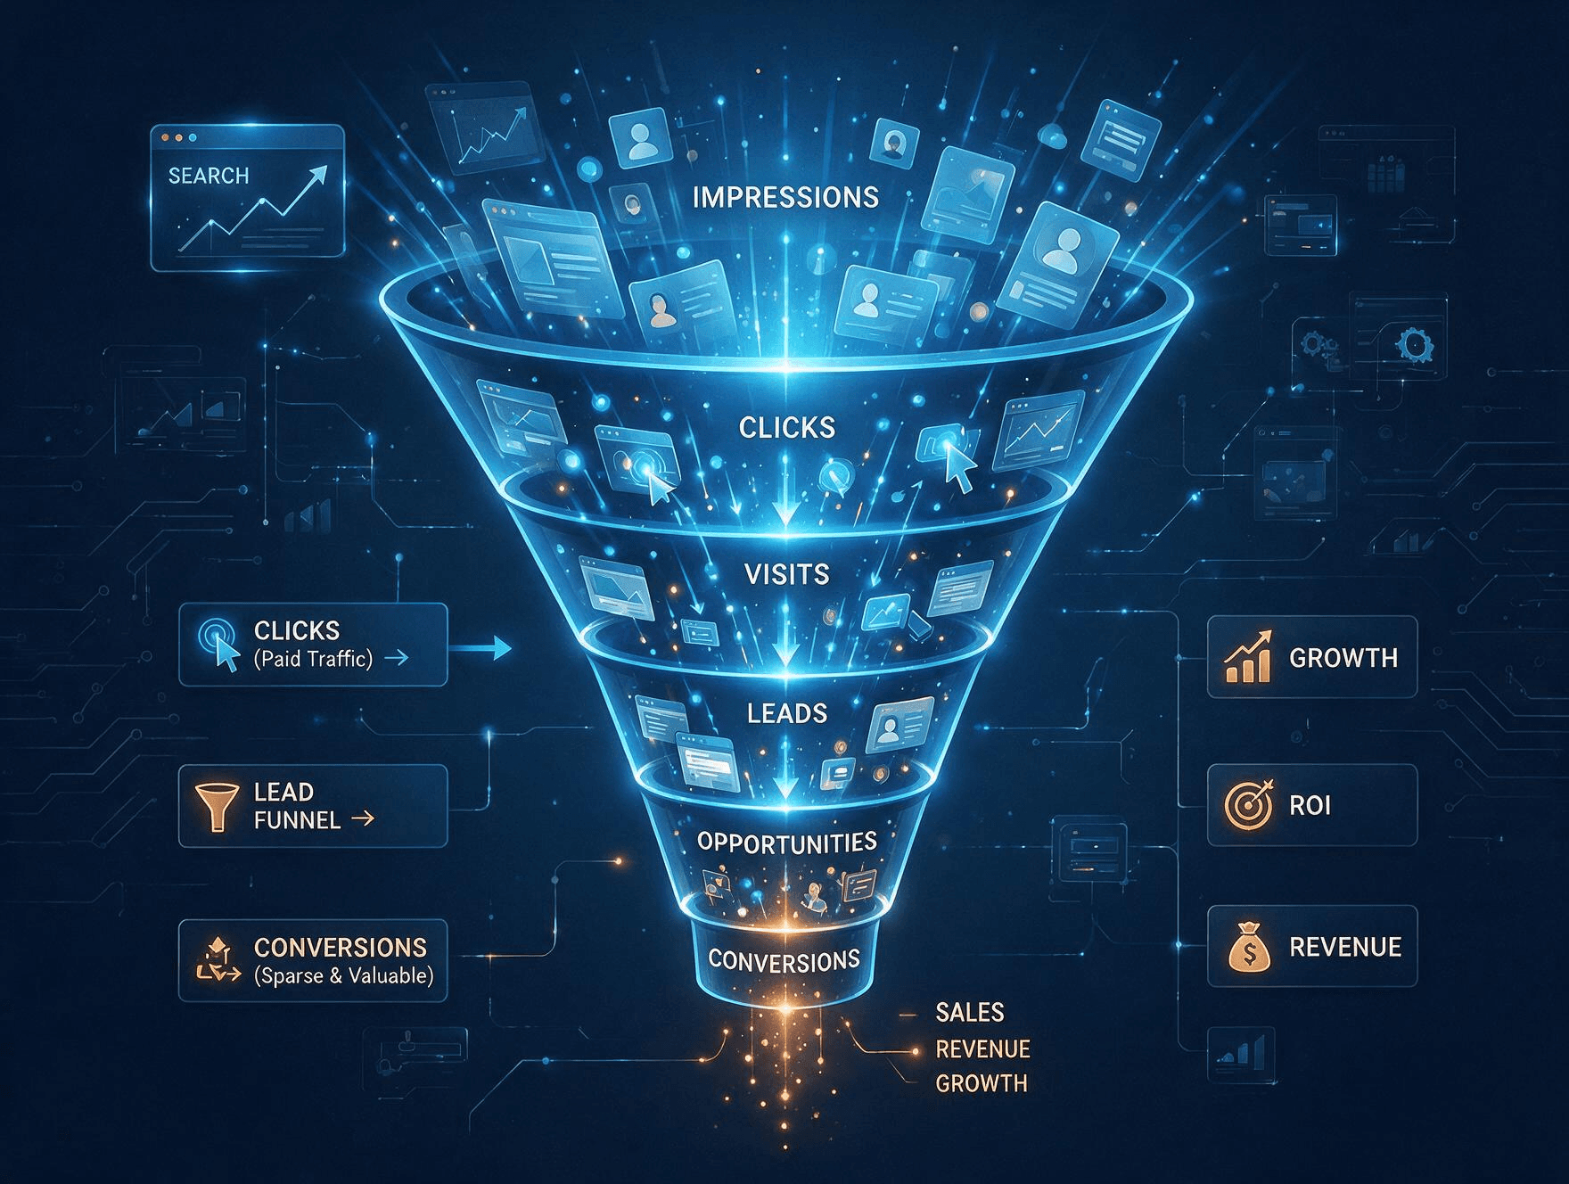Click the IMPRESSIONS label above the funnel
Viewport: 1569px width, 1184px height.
click(785, 197)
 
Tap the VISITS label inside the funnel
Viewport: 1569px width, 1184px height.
click(786, 574)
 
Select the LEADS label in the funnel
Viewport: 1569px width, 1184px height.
click(787, 713)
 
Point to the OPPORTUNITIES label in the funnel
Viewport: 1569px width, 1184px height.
click(787, 843)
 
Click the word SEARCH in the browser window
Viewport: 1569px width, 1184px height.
click(209, 176)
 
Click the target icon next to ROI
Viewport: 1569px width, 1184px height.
click(1247, 804)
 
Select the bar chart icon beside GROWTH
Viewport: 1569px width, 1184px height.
click(1247, 658)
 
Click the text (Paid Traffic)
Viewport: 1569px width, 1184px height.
click(313, 659)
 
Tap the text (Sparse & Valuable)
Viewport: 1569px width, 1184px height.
click(344, 976)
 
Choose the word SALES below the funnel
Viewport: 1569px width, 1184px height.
click(970, 1013)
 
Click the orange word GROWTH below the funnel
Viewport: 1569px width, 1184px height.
click(981, 1083)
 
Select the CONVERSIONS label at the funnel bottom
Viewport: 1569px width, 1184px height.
click(784, 960)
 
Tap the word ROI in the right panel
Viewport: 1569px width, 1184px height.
click(1310, 806)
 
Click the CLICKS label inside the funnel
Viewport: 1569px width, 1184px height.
click(787, 428)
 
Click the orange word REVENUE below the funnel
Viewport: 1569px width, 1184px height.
click(982, 1048)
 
